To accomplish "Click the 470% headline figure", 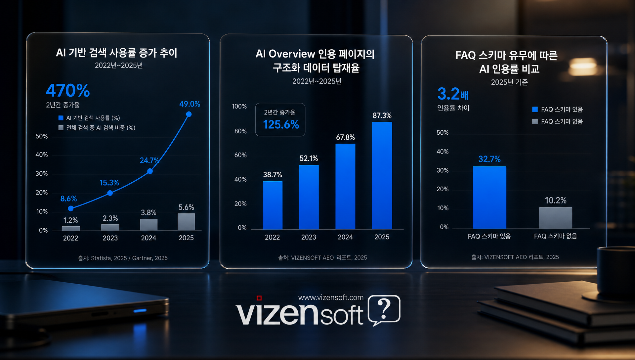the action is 68,90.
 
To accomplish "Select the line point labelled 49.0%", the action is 189,114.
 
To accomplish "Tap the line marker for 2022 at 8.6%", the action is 70,208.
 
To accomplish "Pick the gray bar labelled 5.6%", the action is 186,222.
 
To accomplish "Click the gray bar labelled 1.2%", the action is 71,228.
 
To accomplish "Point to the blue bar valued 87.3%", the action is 382,175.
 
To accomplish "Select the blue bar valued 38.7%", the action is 273,205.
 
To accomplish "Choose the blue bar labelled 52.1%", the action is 309,197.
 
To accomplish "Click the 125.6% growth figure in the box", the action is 281,125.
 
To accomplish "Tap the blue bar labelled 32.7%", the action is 489,197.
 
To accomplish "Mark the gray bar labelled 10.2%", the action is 556,218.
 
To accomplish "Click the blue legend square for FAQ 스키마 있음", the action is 535,110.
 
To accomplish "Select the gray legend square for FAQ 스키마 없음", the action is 535,121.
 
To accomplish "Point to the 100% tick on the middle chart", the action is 239,107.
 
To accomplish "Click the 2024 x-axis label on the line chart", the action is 148,238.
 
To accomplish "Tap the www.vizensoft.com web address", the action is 331,297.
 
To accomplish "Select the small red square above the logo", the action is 259,298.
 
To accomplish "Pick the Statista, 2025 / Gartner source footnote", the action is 123,258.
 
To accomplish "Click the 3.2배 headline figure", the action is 453,94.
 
